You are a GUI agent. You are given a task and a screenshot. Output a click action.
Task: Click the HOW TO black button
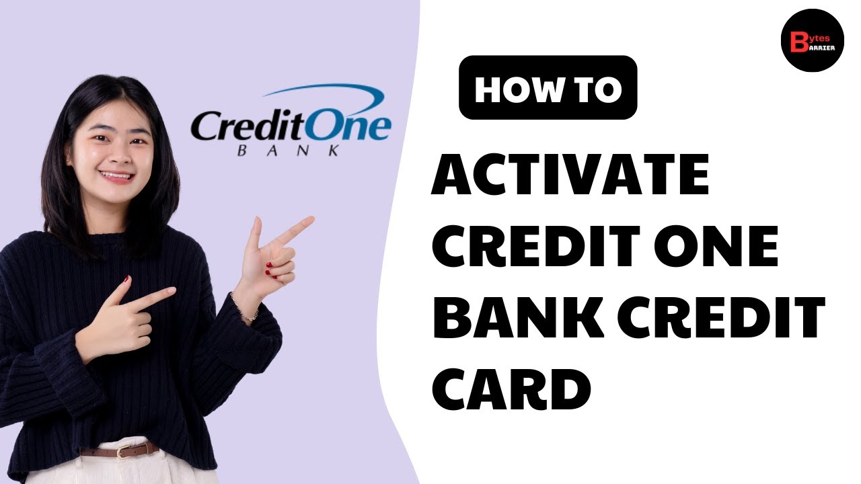(x=548, y=87)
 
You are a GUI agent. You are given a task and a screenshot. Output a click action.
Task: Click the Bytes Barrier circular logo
(x=812, y=40)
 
